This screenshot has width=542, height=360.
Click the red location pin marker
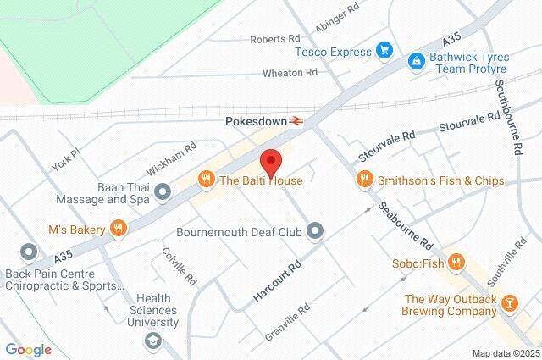[x=270, y=161]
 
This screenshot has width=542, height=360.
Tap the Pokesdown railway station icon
[x=296, y=121]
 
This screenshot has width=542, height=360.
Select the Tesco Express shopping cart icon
[x=384, y=51]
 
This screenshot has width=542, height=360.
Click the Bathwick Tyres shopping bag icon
[x=416, y=61]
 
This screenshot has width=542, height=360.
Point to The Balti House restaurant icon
[x=205, y=180]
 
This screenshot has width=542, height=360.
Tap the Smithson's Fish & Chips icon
[x=364, y=180]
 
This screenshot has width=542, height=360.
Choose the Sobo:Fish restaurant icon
[x=456, y=263]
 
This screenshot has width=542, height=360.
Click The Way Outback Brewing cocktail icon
[x=510, y=302]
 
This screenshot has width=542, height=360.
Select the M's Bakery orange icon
[x=119, y=228]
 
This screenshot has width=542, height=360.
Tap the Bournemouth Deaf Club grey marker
[x=316, y=230]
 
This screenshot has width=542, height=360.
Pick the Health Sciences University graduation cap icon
[x=152, y=341]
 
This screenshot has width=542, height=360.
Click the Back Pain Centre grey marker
[x=29, y=252]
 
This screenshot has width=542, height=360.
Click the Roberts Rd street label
[x=275, y=39]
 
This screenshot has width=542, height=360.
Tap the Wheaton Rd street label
[x=289, y=73]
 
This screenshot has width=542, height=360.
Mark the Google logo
[x=28, y=350]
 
